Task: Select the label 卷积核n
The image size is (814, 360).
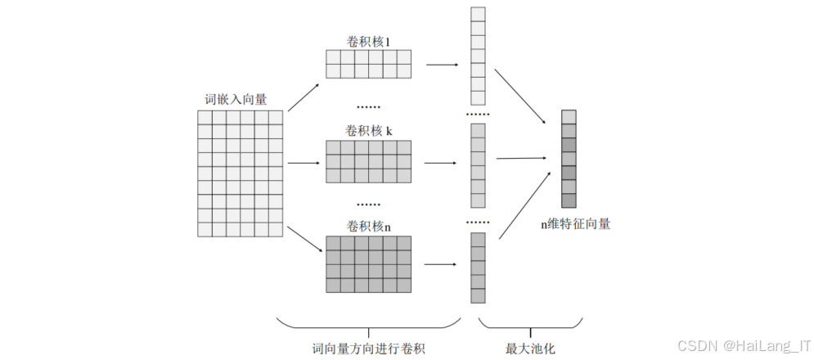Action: (368, 225)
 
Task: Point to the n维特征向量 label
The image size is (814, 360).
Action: (575, 223)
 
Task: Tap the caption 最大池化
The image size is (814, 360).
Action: (530, 349)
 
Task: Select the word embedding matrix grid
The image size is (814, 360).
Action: (240, 173)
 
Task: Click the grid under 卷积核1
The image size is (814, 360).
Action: (367, 64)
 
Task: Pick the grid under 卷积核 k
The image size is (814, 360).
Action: (367, 161)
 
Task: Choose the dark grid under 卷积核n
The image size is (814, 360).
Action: (367, 263)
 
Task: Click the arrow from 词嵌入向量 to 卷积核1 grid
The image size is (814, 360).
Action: (304, 96)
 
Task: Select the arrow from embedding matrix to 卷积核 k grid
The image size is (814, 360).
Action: (304, 163)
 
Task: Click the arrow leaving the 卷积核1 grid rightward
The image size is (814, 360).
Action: (442, 63)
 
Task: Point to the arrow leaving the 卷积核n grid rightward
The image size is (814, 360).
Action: (442, 263)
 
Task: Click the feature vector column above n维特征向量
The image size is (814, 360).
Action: (569, 159)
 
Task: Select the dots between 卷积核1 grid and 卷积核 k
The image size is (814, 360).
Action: (369, 106)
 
